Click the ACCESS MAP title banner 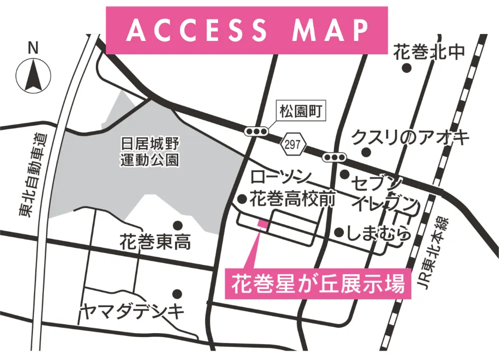247,30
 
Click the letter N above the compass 33,48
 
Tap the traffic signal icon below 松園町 255,132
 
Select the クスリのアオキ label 410,136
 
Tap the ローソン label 281,177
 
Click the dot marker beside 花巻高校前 242,199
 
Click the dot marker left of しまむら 339,232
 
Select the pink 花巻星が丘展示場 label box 318,285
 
